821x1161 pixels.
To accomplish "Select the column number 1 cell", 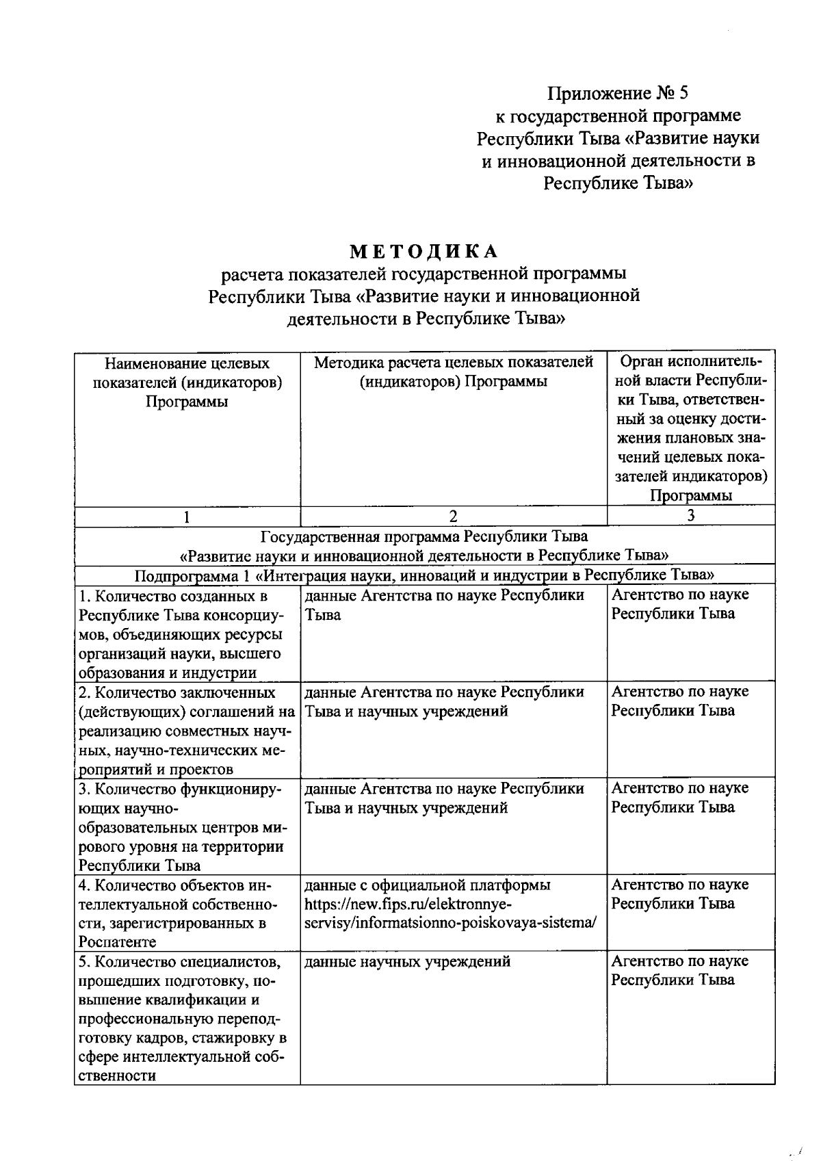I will [187, 517].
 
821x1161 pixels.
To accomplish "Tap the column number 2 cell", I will [453, 517].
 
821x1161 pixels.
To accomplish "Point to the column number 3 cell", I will [690, 516].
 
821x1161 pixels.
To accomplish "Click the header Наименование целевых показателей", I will [187, 382].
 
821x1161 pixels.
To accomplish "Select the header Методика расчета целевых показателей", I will [453, 371].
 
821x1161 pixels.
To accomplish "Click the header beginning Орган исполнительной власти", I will [690, 428].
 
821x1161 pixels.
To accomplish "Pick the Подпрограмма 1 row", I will [424, 575].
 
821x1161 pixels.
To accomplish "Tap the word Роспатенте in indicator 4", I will [117, 942].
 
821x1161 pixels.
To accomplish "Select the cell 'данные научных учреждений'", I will [407, 962].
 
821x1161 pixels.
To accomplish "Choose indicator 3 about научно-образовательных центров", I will [181, 827].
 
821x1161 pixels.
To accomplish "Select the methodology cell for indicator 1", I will [445, 605].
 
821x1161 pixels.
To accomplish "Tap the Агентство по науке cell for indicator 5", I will [679, 971].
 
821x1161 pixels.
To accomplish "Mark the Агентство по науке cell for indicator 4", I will [679, 894].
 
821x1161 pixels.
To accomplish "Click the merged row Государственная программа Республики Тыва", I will [424, 545].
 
